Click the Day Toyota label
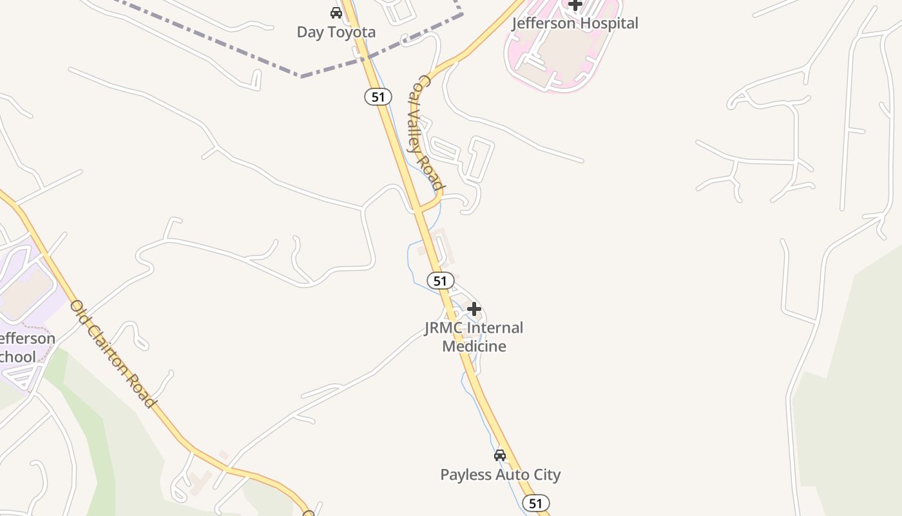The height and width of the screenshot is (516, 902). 336,32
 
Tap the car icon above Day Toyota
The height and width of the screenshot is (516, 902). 336,12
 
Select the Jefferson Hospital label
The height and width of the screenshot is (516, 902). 575,23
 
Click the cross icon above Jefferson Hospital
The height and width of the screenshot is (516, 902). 575,5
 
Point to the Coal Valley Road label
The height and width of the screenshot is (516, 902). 427,133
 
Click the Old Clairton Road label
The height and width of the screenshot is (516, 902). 113,353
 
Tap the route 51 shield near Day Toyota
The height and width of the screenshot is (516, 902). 378,97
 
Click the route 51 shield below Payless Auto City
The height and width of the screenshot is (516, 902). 535,503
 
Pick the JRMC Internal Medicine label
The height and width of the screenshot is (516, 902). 474,337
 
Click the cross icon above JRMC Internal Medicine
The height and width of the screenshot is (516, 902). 474,309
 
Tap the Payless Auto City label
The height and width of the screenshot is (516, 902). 500,475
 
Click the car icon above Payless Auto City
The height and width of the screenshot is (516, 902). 499,455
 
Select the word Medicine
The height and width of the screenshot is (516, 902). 474,346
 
